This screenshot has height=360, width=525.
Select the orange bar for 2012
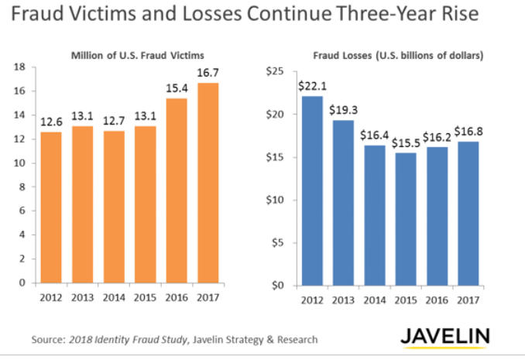50,207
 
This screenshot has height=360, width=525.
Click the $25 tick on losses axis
275,72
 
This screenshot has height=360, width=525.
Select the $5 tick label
278,242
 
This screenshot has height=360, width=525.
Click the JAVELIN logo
444,337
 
